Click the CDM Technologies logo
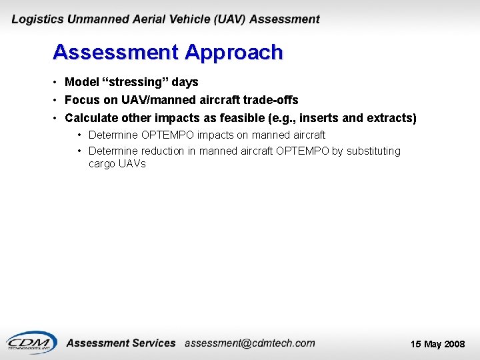coord(31,341)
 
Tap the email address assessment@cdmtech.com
coord(249,343)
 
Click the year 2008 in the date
coord(455,344)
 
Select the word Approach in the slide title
coord(234,52)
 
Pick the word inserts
coord(320,118)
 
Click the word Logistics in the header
coord(37,20)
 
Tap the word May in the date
coord(433,344)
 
